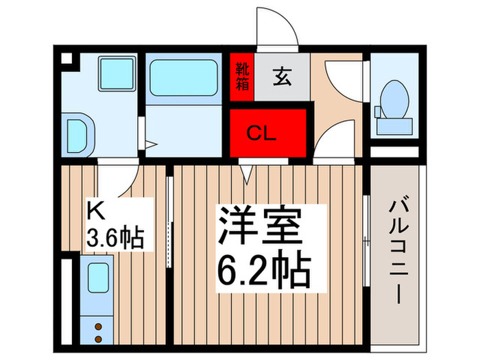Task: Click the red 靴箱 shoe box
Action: click(x=241, y=77)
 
